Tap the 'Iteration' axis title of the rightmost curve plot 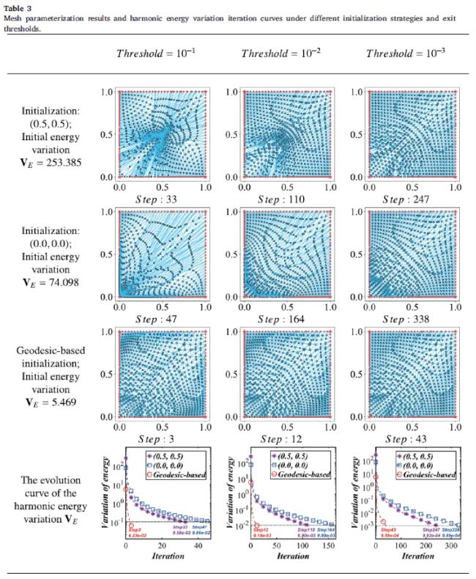[409, 556]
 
